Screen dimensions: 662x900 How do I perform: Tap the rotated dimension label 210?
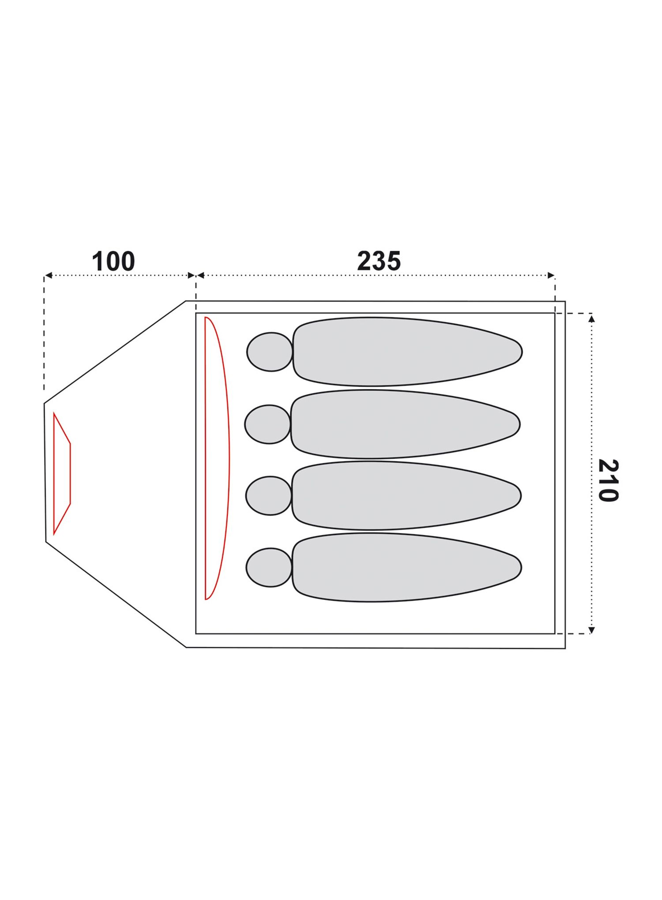(608, 480)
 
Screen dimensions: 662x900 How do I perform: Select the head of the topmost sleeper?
(270, 352)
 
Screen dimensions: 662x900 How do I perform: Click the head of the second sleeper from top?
(268, 424)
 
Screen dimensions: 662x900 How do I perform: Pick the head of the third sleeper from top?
(269, 495)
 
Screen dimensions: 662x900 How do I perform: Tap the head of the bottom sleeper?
(269, 567)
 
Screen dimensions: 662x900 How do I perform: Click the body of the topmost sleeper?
(407, 352)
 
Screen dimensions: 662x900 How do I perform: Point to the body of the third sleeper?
(406, 495)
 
